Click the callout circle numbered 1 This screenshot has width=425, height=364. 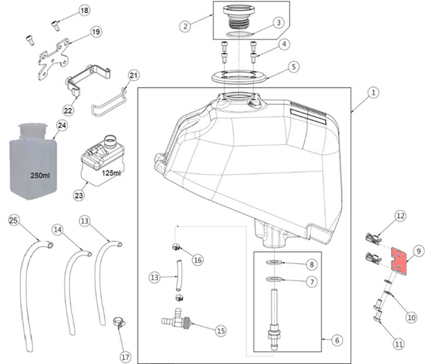(x=372, y=93)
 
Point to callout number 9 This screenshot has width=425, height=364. (x=417, y=251)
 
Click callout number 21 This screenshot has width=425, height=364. (x=134, y=75)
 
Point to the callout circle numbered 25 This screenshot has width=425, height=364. (x=14, y=221)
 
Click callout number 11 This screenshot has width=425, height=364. (x=399, y=344)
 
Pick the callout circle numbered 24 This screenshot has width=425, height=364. (x=61, y=126)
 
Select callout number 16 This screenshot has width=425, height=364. (x=198, y=260)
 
